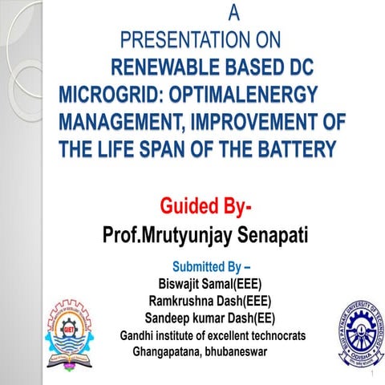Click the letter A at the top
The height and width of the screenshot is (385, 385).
(x=234, y=13)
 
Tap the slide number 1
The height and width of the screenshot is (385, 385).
(x=373, y=375)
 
